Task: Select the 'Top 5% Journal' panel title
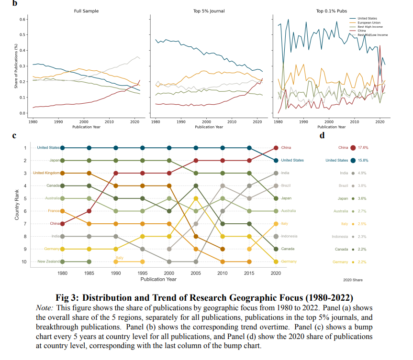(x=209, y=11)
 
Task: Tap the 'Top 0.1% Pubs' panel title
(x=331, y=11)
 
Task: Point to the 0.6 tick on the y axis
(x=23, y=19)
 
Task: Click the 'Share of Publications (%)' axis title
(x=16, y=66)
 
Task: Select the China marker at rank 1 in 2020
(x=275, y=148)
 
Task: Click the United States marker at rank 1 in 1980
(x=62, y=148)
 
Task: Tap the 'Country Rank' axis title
(x=17, y=205)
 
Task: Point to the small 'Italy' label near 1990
(x=119, y=258)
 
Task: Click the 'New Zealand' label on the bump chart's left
(x=48, y=262)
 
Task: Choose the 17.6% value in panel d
(x=363, y=148)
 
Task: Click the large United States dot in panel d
(x=353, y=160)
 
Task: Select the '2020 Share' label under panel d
(x=353, y=280)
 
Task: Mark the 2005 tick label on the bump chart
(x=195, y=273)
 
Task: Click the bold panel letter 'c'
(x=14, y=136)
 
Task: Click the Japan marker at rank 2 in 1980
(x=62, y=160)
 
